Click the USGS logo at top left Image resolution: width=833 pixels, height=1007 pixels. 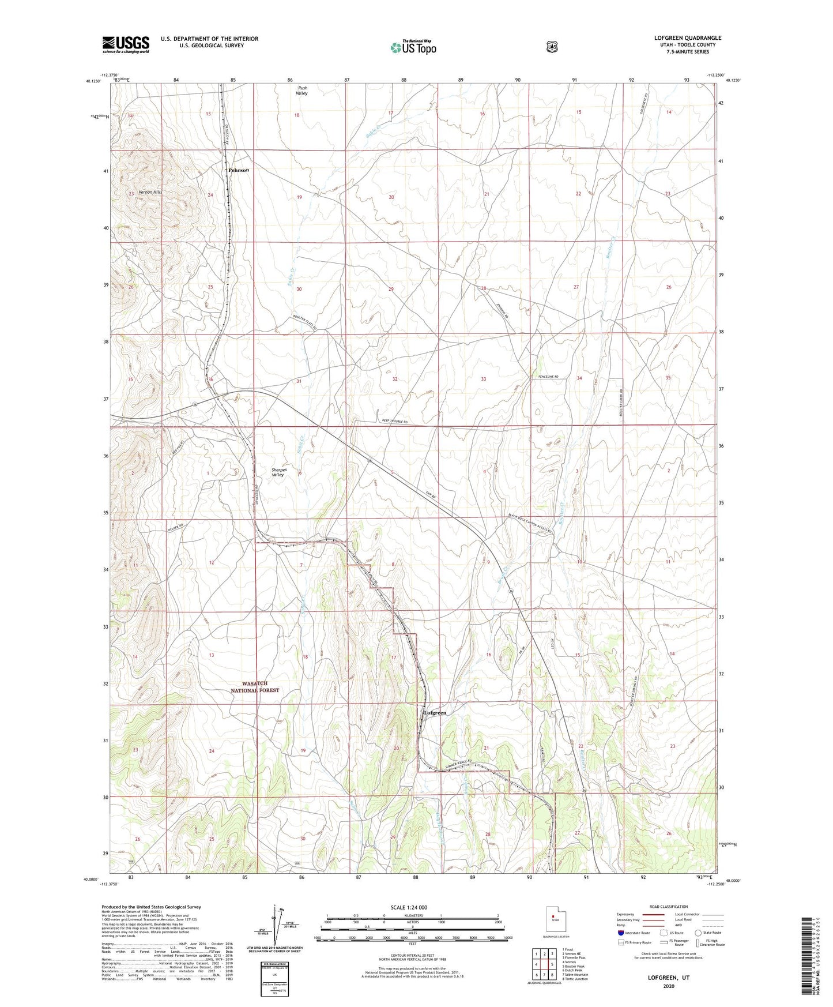click(126, 44)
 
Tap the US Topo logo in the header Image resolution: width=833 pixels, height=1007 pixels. click(412, 47)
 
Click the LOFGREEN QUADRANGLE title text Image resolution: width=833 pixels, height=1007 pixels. click(687, 38)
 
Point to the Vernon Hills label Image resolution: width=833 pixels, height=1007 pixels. click(150, 192)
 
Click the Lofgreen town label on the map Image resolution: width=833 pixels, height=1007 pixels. click(435, 713)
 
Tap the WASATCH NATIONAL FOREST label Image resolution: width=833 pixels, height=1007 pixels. click(255, 686)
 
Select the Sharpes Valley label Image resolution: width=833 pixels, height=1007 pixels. click(278, 472)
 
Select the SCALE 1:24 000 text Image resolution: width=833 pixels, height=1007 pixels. click(409, 907)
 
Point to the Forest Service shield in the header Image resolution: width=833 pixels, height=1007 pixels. click(552, 46)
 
